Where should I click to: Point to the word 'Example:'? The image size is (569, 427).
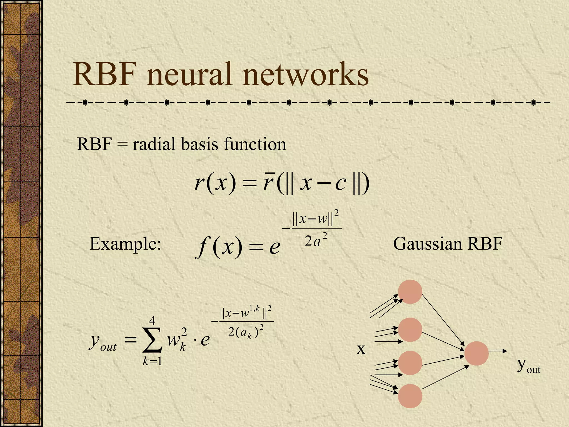tap(125, 244)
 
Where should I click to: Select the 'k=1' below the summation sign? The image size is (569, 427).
tap(152, 362)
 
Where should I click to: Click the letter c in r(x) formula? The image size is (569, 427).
tap(340, 184)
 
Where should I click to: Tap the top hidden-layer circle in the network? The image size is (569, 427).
tap(410, 292)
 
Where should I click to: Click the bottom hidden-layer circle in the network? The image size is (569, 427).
tap(410, 396)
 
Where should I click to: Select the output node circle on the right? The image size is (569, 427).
tap(476, 353)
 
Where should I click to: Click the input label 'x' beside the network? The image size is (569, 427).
tap(361, 349)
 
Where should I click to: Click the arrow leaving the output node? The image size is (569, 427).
tap(498, 351)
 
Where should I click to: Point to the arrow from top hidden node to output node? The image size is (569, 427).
tap(443, 321)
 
